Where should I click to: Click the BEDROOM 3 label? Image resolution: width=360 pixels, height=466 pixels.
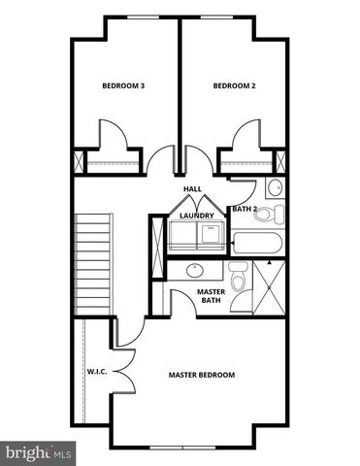[123, 85]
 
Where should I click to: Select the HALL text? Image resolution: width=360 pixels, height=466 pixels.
[191, 188]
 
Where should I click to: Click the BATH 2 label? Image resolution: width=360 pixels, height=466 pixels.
[245, 208]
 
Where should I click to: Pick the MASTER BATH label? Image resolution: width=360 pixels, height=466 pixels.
[211, 295]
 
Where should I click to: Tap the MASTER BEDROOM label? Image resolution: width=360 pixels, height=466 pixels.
[201, 375]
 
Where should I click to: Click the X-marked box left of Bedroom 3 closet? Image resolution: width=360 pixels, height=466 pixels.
[78, 161]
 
